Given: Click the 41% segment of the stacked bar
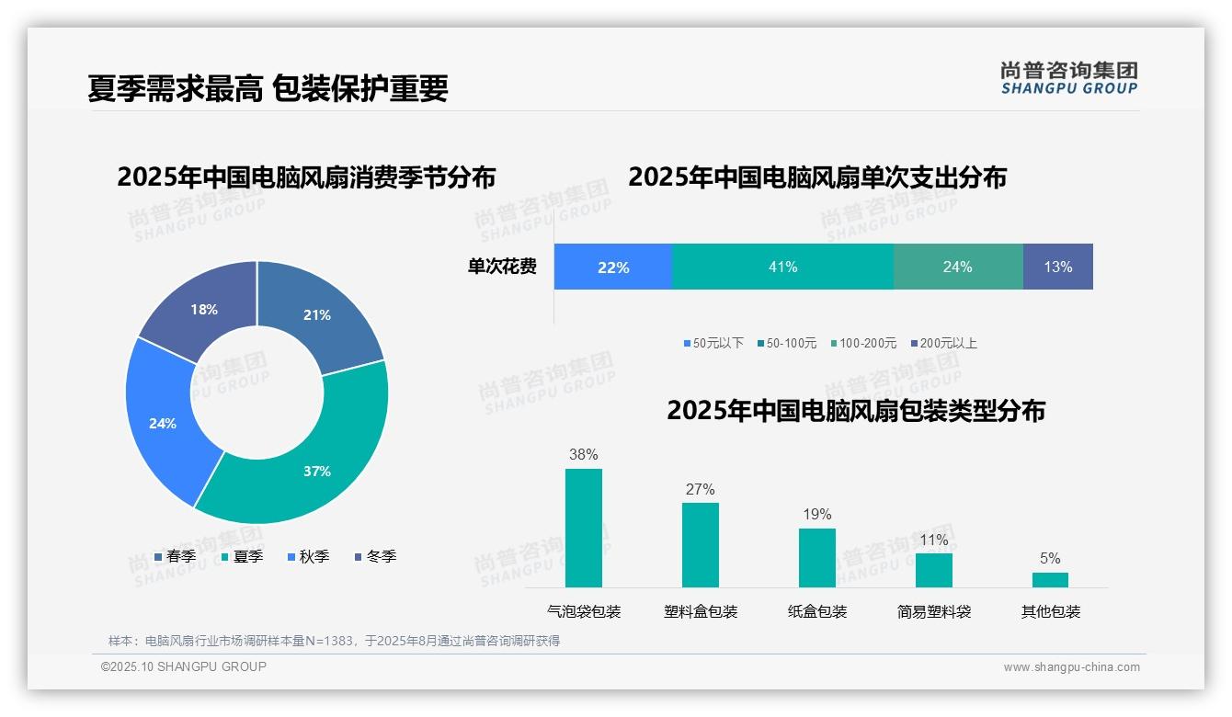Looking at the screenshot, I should [x=782, y=267].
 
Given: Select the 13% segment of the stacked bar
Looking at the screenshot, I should [x=1057, y=267].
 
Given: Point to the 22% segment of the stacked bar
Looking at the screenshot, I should [x=612, y=267].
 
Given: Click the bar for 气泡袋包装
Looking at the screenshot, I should [x=583, y=528].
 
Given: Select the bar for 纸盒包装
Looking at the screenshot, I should [x=816, y=557].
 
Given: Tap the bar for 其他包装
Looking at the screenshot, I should [x=1050, y=579].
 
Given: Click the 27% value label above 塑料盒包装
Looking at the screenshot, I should [x=700, y=489].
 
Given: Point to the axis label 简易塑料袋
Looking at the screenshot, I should [x=933, y=611].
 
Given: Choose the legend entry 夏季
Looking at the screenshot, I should [x=243, y=556].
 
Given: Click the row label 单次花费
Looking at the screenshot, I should [x=502, y=267].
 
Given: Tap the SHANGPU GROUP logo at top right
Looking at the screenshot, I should [x=1068, y=78].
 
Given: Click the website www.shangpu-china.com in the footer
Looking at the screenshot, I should [x=1071, y=666].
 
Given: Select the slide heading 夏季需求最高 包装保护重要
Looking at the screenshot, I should [x=268, y=88].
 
